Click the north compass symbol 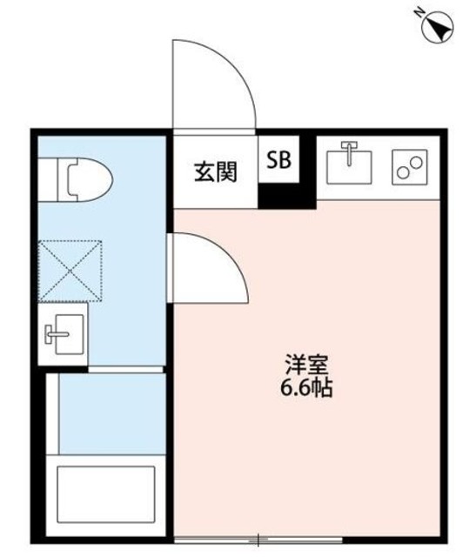click(x=436, y=28)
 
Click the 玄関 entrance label click(x=215, y=171)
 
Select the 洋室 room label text click(x=299, y=364)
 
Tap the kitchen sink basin click(x=351, y=162)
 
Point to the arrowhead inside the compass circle click(x=439, y=31)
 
